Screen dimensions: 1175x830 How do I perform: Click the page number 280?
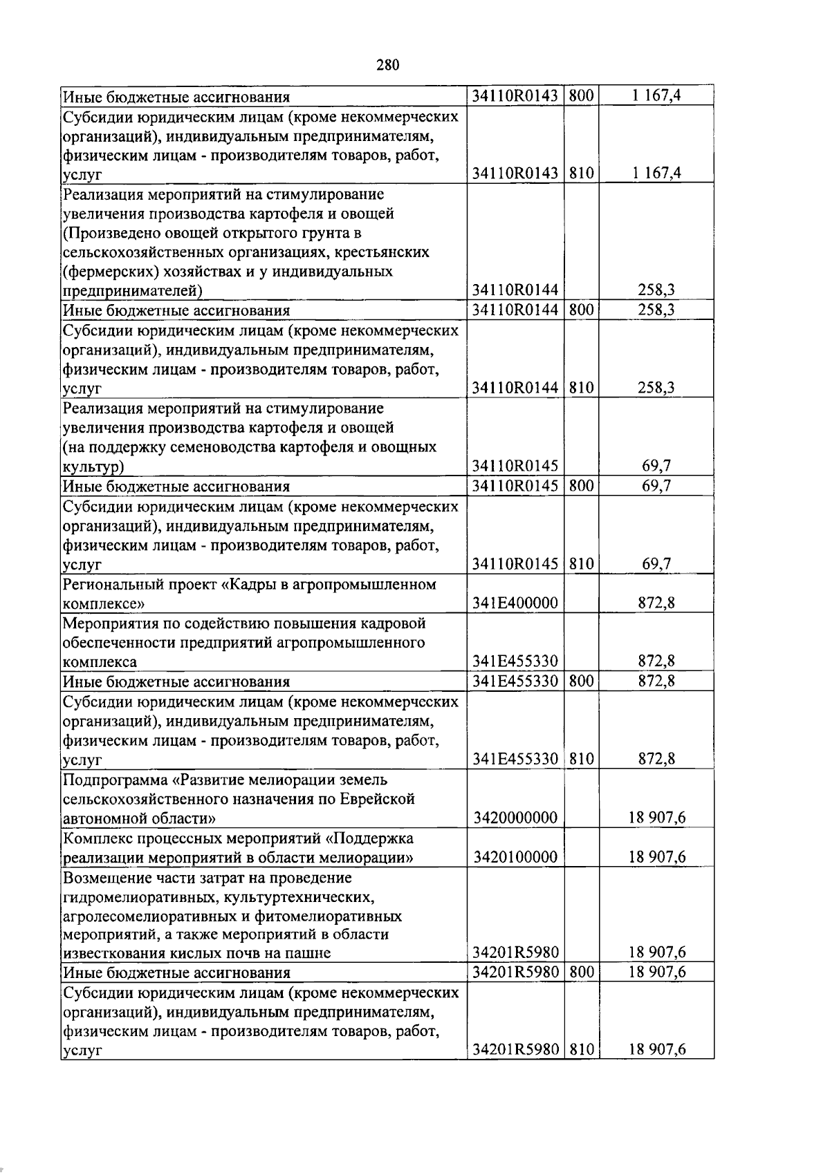coord(388,66)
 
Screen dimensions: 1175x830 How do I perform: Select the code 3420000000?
coord(515,818)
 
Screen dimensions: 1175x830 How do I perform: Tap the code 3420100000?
coord(515,858)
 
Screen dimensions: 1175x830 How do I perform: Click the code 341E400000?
coord(515,603)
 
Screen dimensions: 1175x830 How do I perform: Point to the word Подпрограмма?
coord(116,780)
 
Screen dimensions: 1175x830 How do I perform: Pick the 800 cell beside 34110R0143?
coord(582,95)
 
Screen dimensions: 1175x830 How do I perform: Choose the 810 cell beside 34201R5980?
coord(582,1049)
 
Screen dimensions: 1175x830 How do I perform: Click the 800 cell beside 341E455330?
coord(582,681)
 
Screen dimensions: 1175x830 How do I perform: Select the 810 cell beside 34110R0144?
coord(582,388)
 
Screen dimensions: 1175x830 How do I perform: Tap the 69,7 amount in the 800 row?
coord(656,486)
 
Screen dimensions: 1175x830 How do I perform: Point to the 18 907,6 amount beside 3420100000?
coord(656,858)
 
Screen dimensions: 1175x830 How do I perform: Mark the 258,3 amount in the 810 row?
coord(656,388)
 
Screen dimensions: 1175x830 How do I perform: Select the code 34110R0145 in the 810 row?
coord(515,564)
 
